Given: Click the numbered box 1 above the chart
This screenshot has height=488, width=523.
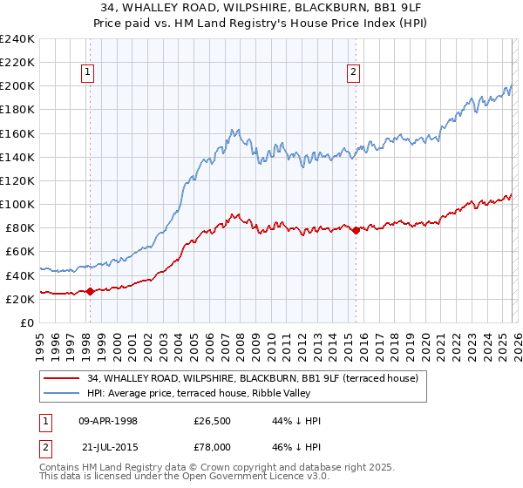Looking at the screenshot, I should click(89, 73).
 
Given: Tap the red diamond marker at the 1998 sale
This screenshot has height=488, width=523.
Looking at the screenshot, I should click(90, 292).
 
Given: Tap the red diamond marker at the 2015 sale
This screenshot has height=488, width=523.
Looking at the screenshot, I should click(356, 230).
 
